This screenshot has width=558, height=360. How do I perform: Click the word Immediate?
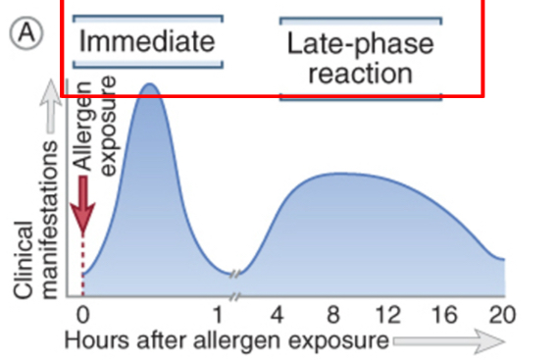(x=146, y=42)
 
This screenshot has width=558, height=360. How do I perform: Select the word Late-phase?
(x=360, y=44)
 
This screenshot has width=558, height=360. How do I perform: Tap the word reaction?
(x=360, y=73)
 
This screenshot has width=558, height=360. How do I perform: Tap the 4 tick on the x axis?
(x=278, y=316)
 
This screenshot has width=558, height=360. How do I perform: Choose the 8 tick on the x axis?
(x=333, y=316)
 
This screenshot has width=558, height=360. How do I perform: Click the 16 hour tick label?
(x=446, y=316)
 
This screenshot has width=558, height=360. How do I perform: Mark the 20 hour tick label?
(x=501, y=316)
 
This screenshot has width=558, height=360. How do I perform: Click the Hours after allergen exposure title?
(x=227, y=340)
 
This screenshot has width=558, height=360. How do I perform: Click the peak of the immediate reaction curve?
(x=149, y=86)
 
